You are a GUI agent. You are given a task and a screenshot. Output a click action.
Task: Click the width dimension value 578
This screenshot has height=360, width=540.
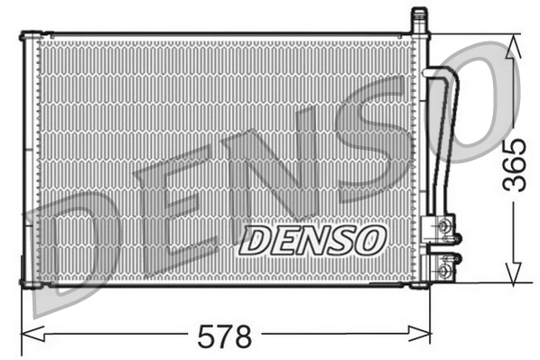[x=224, y=337]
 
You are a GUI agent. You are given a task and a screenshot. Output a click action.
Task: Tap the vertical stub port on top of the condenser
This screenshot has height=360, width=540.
[x=418, y=19]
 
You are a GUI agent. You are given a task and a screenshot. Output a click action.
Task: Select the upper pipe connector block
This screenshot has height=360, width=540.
[x=443, y=226]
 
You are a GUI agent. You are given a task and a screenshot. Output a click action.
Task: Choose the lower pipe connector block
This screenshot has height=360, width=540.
[x=443, y=268]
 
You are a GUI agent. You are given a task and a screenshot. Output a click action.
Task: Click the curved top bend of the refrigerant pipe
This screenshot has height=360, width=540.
[x=442, y=77]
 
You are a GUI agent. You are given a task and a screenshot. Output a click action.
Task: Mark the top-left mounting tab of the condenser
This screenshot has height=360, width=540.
[x=27, y=35]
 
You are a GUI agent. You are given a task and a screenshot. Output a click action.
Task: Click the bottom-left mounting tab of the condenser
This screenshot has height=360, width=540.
[x=27, y=285]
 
